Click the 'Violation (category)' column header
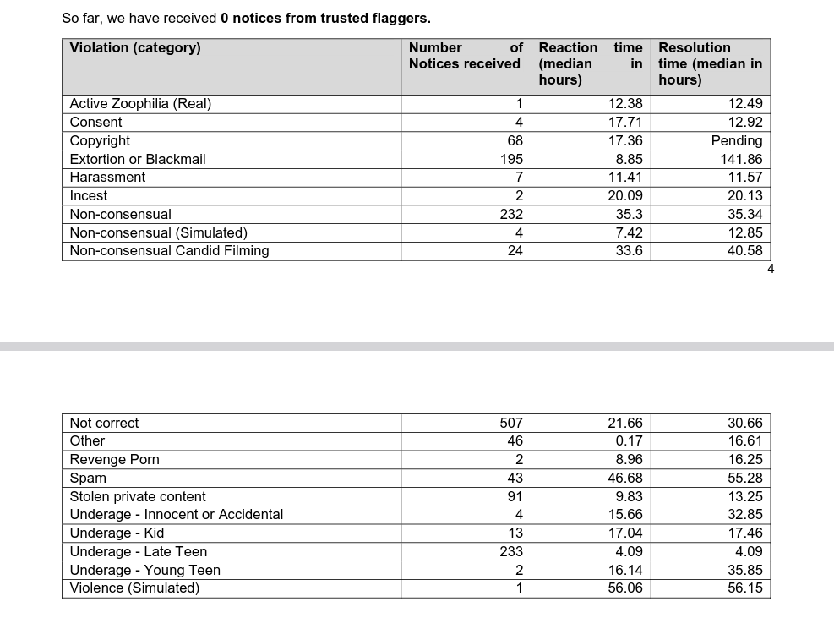pyautogui.click(x=135, y=48)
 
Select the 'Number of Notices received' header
pyautogui.click(x=465, y=56)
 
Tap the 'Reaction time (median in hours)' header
pyautogui.click(x=590, y=63)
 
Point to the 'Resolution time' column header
pyautogui.click(x=710, y=63)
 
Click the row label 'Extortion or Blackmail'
pyautogui.click(x=138, y=159)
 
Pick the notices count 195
pyautogui.click(x=511, y=159)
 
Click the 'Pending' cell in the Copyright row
pyautogui.click(x=737, y=140)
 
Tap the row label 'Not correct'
pyautogui.click(x=104, y=423)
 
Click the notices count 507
pyautogui.click(x=511, y=423)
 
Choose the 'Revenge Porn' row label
pyautogui.click(x=114, y=459)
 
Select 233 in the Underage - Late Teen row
pyautogui.click(x=511, y=551)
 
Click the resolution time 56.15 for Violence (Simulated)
pyautogui.click(x=744, y=588)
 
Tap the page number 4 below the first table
pyautogui.click(x=770, y=269)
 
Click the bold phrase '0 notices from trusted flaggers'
pyautogui.click(x=324, y=18)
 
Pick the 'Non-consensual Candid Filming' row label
pyautogui.click(x=169, y=250)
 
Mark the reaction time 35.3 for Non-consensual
pyautogui.click(x=629, y=214)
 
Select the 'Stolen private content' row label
pyautogui.click(x=138, y=496)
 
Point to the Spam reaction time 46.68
pyautogui.click(x=624, y=478)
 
